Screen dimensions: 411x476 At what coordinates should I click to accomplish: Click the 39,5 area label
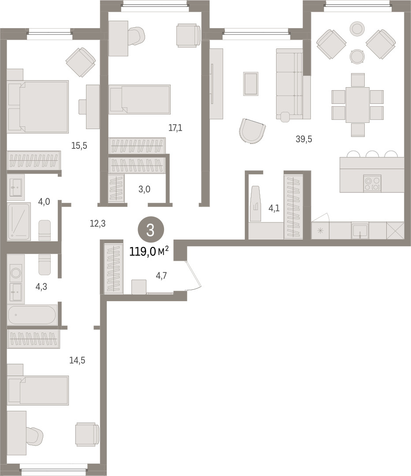pos(304,139)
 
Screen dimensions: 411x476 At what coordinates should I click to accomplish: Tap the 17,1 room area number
pos(176,128)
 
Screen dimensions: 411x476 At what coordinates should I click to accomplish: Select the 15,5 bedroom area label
pos(79,146)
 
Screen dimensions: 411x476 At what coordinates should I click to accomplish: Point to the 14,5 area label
pos(77,360)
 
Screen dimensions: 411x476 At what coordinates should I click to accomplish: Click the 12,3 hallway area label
pos(97,224)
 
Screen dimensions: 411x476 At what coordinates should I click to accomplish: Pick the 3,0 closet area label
pos(144,189)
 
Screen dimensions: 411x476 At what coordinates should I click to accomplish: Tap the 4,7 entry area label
pos(161,276)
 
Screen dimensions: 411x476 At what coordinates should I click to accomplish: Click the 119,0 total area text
pos(149,251)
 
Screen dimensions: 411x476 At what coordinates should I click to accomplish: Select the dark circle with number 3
pos(151,230)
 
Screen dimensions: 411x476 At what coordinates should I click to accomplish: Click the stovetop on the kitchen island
pos(372,184)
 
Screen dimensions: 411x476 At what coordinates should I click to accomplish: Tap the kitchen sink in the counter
pos(360,231)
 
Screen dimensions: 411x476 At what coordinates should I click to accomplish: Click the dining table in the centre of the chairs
pos(358,105)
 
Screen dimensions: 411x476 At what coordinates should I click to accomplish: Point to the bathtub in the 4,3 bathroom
pos(32,315)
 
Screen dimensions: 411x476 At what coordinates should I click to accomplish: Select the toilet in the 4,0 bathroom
pos(45,230)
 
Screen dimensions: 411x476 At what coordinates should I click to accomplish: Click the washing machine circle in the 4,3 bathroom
pos(16,272)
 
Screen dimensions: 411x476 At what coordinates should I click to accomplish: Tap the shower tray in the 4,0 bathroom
pos(19,221)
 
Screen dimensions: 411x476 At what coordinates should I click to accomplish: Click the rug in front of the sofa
pos(251,84)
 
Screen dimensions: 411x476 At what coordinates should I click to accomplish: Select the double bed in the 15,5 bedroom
pos(38,107)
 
